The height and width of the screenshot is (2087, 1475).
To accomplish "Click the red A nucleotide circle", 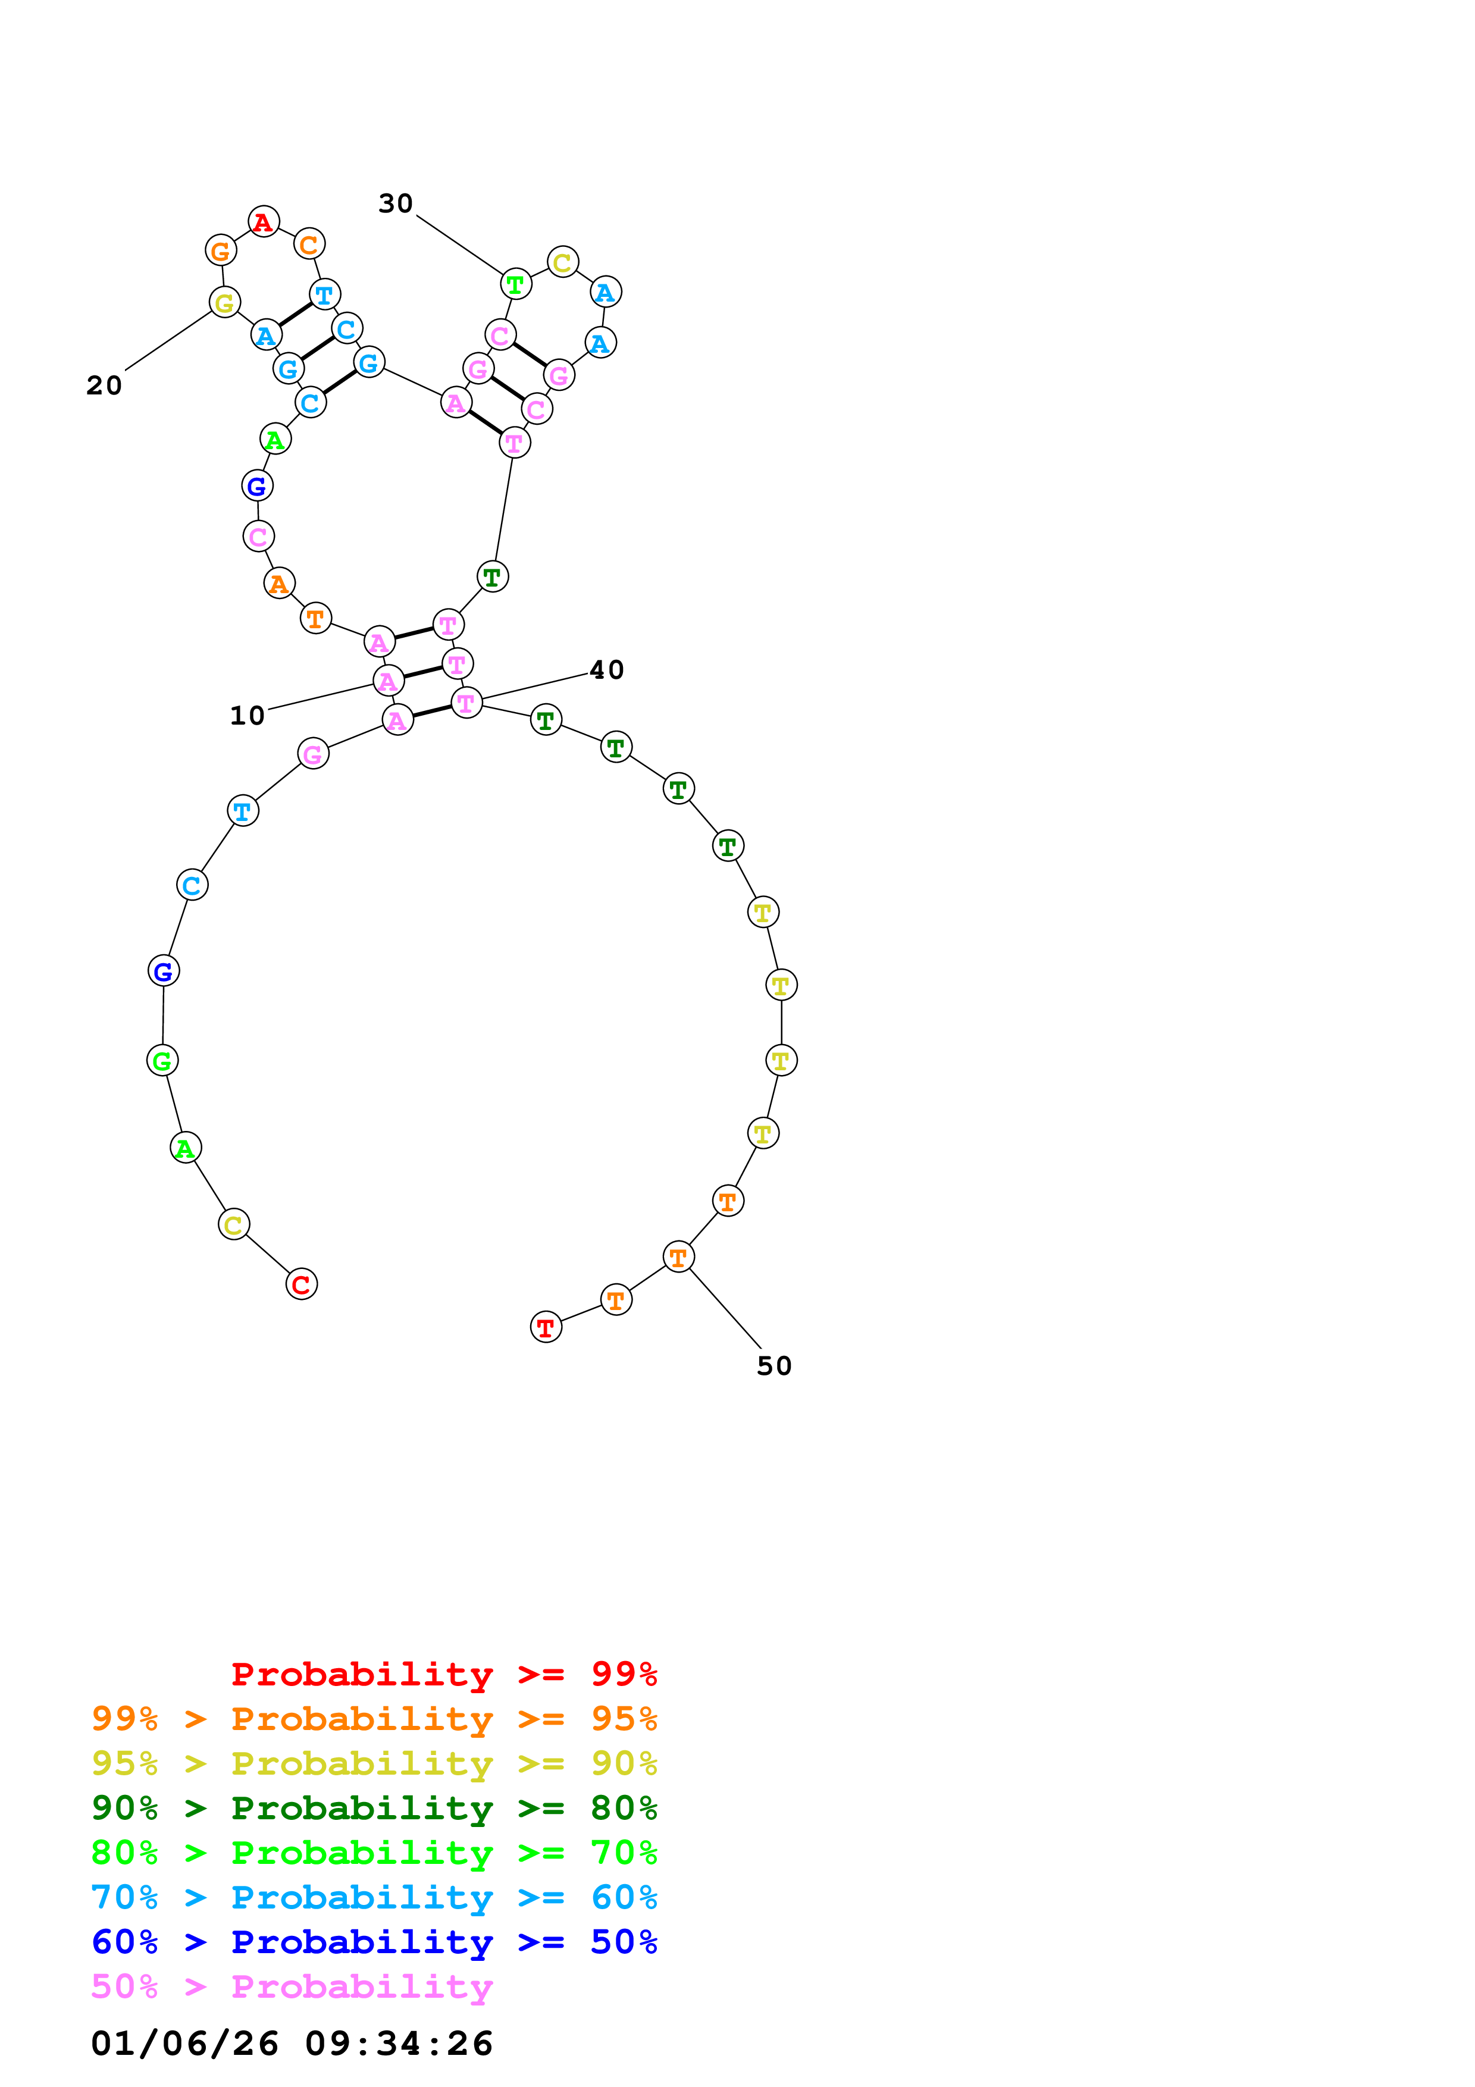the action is pos(264,221).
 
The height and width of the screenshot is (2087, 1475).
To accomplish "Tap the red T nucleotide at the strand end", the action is pos(545,1327).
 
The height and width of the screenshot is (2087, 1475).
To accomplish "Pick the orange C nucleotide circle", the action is pos(309,243).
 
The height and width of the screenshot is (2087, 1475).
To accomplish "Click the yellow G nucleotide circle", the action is pos(224,302).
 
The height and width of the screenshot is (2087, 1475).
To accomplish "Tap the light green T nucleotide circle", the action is pos(515,284).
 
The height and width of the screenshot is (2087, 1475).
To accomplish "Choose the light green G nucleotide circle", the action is pos(162,1060).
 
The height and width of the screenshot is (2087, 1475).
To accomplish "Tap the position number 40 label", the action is pos(607,670).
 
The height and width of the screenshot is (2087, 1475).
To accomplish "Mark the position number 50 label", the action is pos(774,1365).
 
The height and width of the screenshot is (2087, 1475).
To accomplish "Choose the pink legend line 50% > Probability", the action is pos(292,1986).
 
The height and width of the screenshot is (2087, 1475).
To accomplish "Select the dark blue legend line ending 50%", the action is pos(374,1942).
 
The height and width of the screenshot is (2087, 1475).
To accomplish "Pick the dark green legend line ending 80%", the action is pos(374,1808).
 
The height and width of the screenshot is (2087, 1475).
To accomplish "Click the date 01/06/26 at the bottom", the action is pos(184,2044).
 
